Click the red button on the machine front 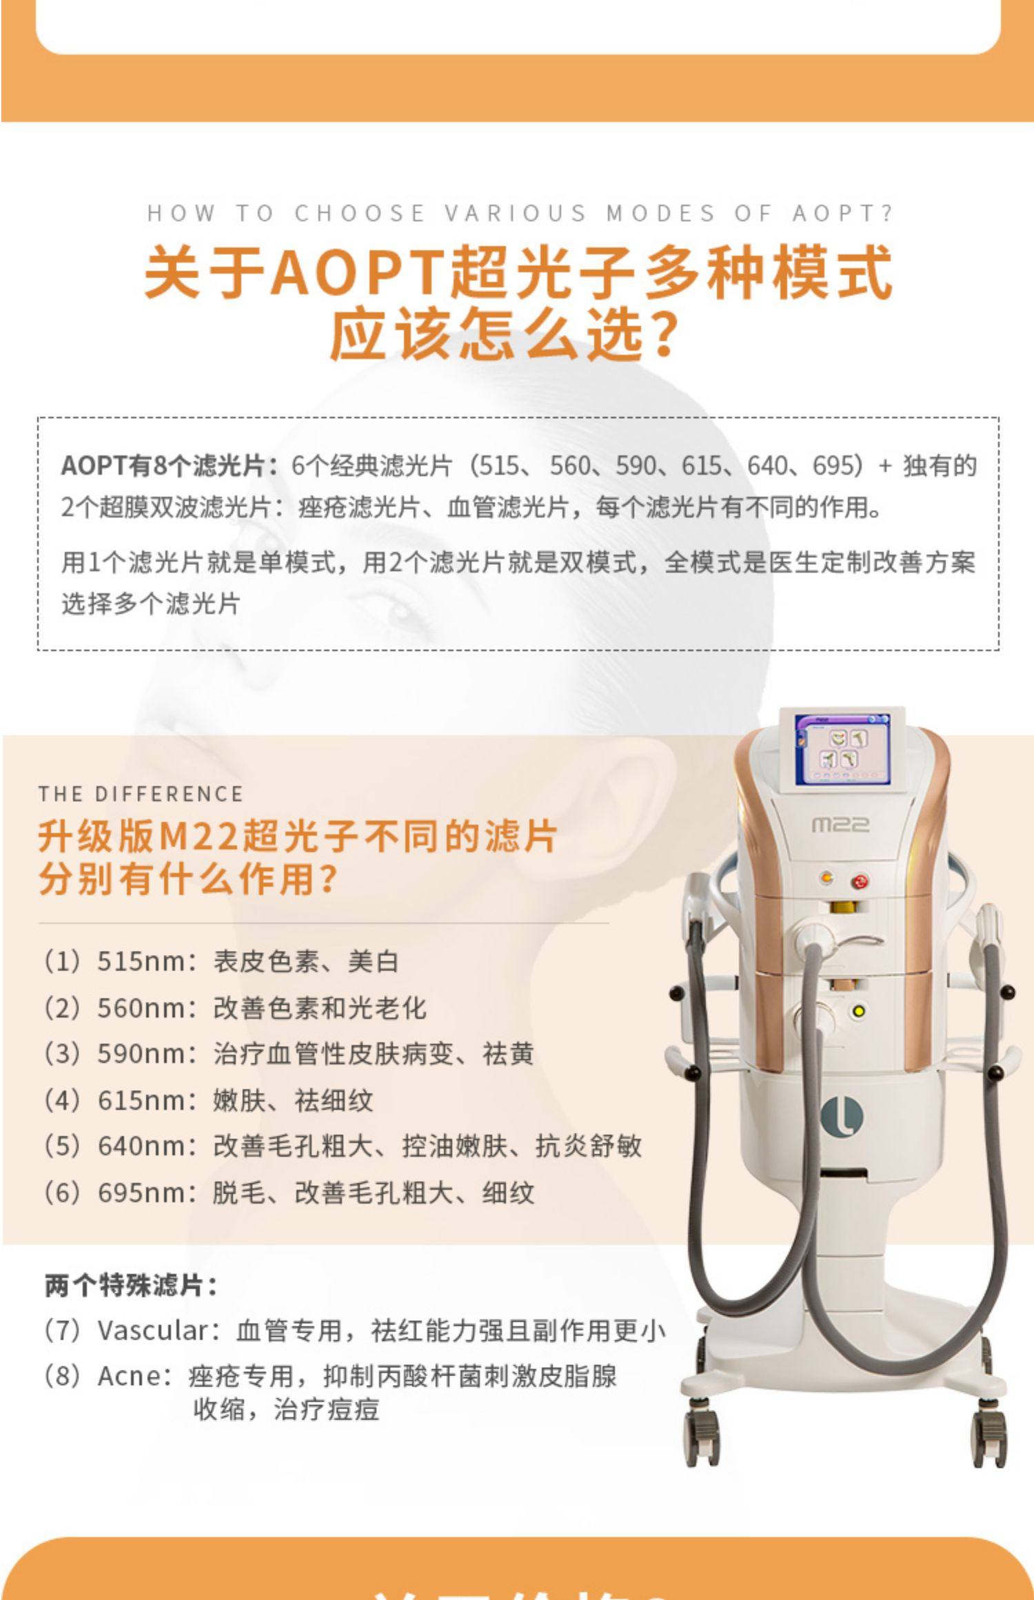pyautogui.click(x=859, y=881)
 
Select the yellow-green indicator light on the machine pyautogui.click(x=859, y=1012)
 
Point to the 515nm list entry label pyautogui.click(x=141, y=961)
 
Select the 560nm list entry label pyautogui.click(x=141, y=1008)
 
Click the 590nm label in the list pyautogui.click(x=141, y=1054)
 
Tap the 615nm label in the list pyautogui.click(x=141, y=1100)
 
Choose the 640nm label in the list pyautogui.click(x=141, y=1147)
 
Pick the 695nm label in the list pyautogui.click(x=141, y=1193)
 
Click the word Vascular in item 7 pyautogui.click(x=152, y=1331)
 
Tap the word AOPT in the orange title pyautogui.click(x=358, y=272)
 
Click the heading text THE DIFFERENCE pyautogui.click(x=141, y=794)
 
